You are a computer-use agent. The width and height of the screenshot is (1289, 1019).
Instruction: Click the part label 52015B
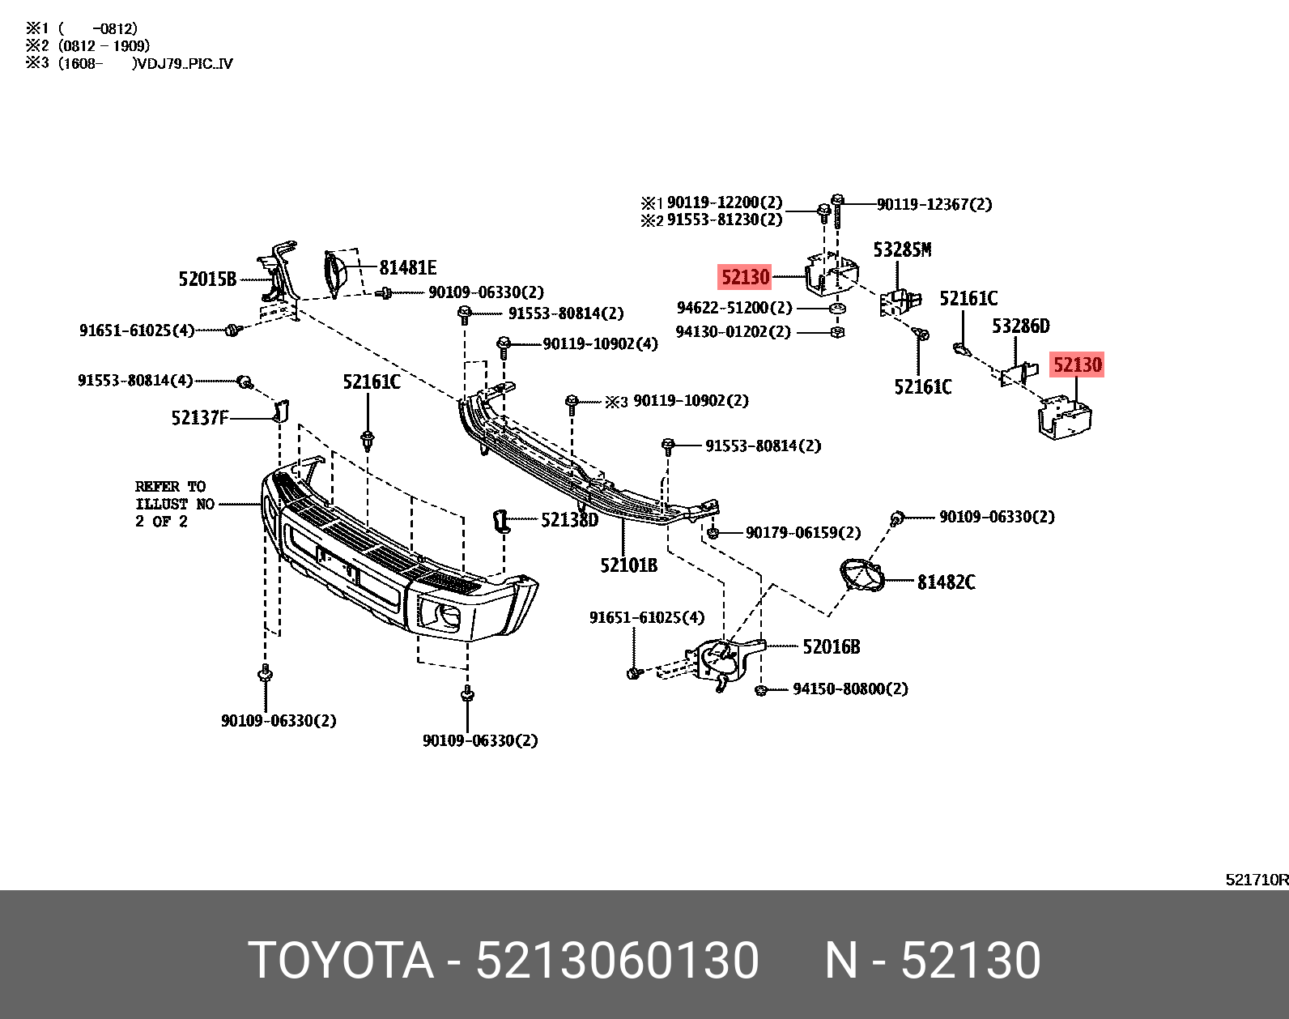coord(207,279)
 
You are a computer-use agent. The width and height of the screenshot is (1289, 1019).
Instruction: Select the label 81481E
coord(408,267)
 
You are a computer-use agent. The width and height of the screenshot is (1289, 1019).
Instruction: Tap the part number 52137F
coord(199,418)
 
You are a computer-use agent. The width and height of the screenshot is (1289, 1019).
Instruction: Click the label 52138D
coord(569,520)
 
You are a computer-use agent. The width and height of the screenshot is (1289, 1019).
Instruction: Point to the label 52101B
coord(628,565)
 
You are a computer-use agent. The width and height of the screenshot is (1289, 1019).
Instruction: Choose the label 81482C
coord(946,582)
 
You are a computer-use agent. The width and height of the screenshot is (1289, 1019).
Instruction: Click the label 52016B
coord(831,646)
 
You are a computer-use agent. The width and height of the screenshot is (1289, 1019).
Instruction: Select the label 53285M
coord(902,249)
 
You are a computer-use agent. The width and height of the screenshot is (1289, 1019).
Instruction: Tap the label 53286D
coord(1020,326)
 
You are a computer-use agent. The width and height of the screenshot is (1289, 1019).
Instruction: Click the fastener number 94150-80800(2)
coord(850,689)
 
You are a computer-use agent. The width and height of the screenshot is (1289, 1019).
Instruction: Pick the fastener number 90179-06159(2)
coord(802,532)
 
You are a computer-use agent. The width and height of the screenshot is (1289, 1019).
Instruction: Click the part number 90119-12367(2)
coord(934,204)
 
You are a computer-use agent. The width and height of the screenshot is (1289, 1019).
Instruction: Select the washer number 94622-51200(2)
coord(734,308)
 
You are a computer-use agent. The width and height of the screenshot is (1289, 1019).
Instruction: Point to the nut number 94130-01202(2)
coord(733,331)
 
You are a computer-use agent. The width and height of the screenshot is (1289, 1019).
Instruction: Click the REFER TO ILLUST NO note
coord(174,504)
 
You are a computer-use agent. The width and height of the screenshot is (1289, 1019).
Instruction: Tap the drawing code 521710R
coord(1256,880)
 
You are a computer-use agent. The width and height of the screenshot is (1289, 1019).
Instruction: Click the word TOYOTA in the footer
coord(340,961)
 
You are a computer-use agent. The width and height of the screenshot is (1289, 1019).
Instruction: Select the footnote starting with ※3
coord(130,63)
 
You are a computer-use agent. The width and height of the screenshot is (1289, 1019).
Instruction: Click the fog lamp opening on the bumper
coord(440,618)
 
